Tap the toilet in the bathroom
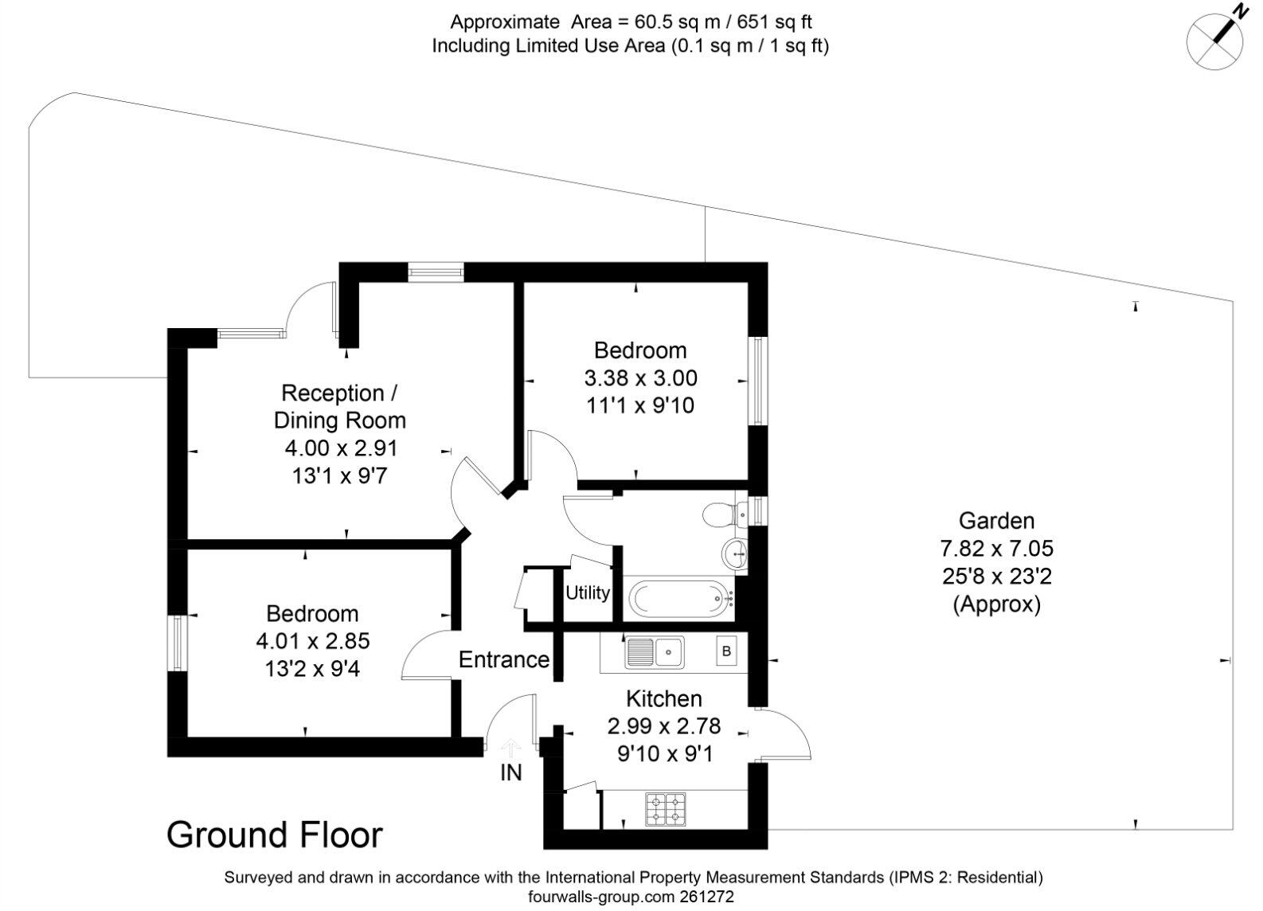tap(724, 514)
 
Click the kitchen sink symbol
tap(654, 652)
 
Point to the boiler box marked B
tap(725, 652)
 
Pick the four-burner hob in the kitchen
tap(665, 808)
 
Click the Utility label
tap(588, 592)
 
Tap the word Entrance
tap(503, 659)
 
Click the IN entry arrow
tap(510, 749)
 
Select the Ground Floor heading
tap(274, 835)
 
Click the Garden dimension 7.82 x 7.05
tap(996, 549)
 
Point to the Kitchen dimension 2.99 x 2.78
tap(663, 726)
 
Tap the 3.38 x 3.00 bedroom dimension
tap(640, 377)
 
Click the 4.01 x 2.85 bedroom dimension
tap(312, 641)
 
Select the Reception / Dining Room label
tap(339, 406)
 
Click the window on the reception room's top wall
tap(436, 273)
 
